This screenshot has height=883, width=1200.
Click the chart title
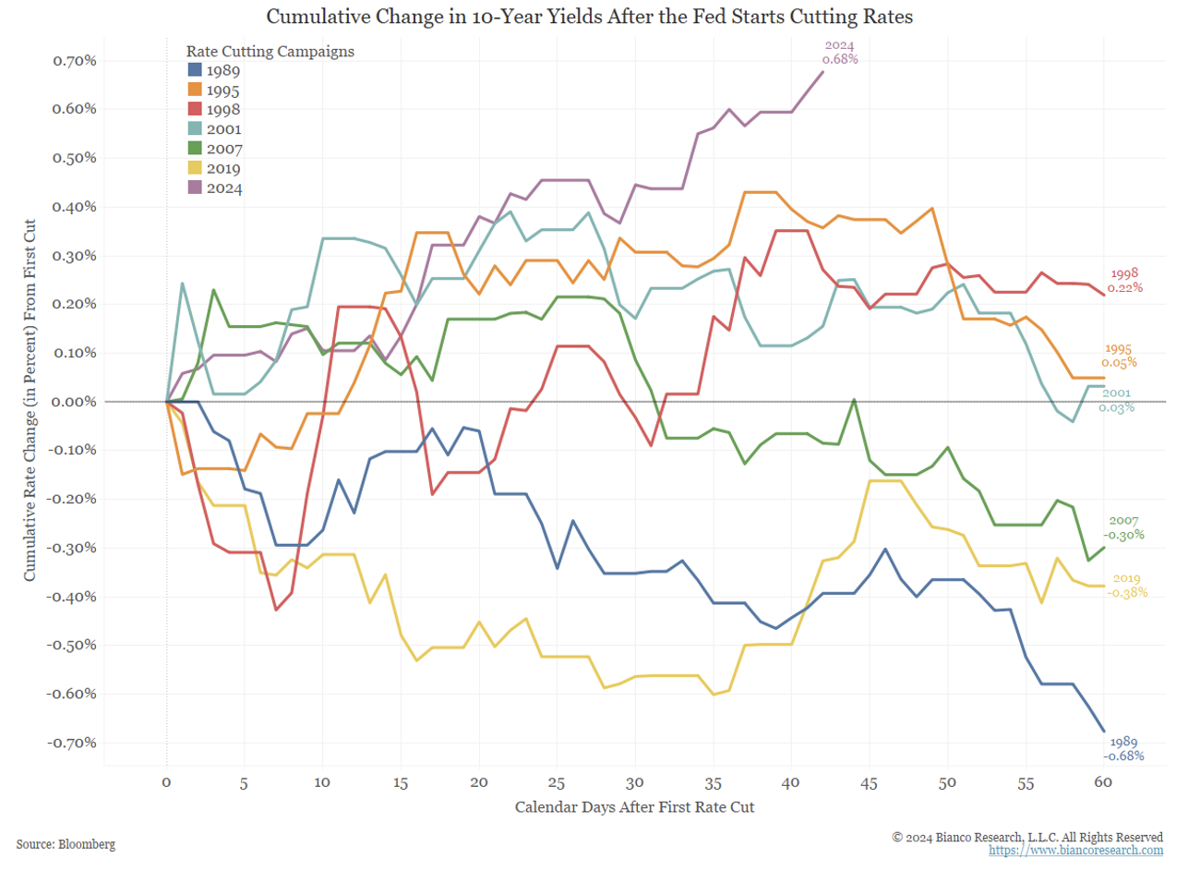[589, 17]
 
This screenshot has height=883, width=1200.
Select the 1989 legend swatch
[195, 70]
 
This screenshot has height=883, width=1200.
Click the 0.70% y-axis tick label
[75, 61]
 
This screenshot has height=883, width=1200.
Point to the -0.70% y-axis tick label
[73, 743]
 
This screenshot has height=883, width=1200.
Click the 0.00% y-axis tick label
[75, 402]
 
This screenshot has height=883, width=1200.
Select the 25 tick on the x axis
[556, 783]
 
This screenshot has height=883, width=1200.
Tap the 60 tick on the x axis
[1103, 782]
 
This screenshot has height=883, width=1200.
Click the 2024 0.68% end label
[840, 53]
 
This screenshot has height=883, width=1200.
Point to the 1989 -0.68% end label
[1123, 749]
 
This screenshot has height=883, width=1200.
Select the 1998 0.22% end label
[1125, 281]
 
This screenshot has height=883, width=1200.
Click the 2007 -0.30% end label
[1123, 528]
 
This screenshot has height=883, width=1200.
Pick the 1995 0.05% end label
[1119, 356]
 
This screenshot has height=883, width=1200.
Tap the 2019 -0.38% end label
[1127, 586]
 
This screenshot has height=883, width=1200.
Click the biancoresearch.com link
[1075, 851]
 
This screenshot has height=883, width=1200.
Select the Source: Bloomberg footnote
[66, 844]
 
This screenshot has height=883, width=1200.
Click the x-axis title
[634, 807]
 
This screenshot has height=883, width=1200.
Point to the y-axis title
[30, 400]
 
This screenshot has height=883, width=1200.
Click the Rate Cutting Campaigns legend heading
[270, 52]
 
